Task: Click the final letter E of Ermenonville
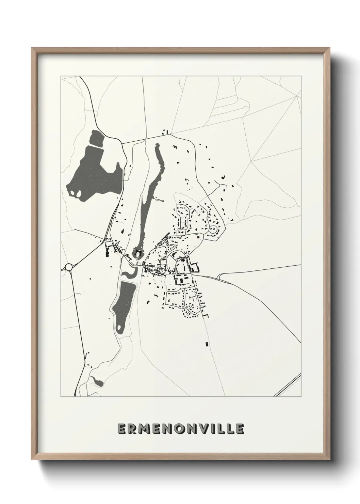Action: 240,429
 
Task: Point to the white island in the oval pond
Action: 119,329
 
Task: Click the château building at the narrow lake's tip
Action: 138,253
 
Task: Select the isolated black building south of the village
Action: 207,344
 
